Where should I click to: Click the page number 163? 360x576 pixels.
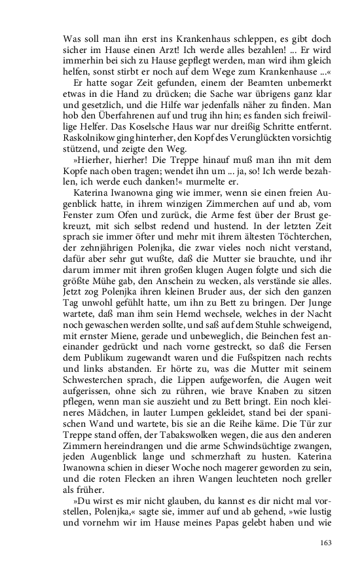tap(325, 542)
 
